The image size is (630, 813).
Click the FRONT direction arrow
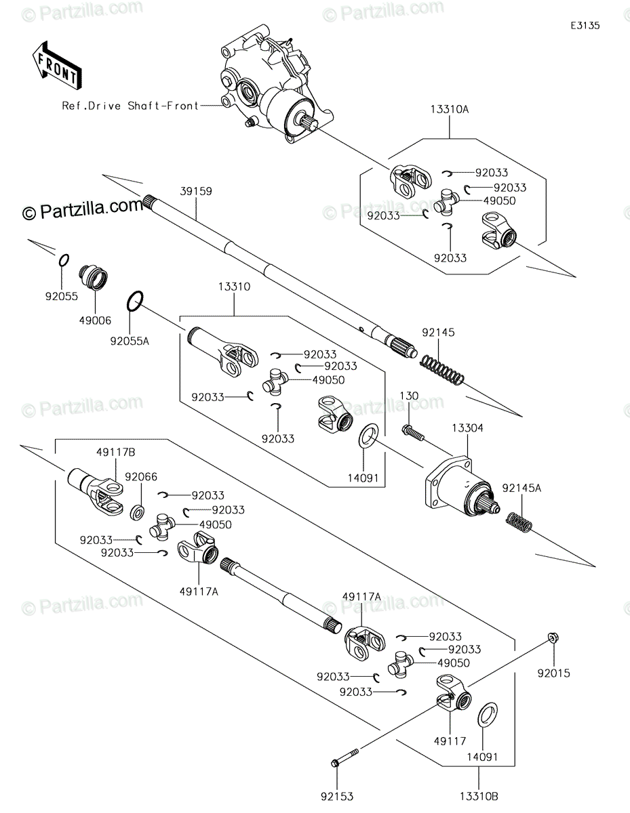57,66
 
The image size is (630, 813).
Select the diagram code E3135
585,26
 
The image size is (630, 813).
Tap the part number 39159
196,191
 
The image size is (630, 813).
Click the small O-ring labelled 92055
64,260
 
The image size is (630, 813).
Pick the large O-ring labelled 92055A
135,301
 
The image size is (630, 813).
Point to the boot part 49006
94,278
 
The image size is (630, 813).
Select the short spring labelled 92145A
519,521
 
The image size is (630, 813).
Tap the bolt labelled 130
413,432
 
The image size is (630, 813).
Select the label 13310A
450,110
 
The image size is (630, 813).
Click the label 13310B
479,797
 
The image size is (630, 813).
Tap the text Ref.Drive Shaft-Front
130,106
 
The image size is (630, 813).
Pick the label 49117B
116,453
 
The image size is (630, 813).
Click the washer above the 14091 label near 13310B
488,715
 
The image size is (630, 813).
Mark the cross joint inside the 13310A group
447,203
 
